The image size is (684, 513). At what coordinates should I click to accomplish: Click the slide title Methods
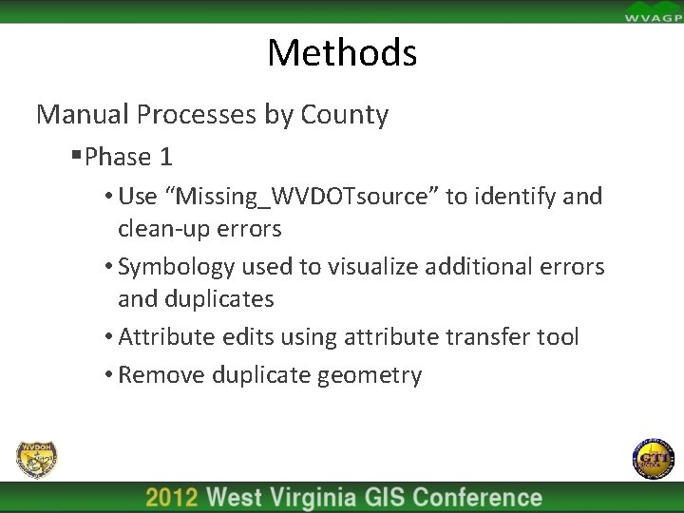tap(342, 52)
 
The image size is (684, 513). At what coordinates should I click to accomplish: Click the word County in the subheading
tap(345, 115)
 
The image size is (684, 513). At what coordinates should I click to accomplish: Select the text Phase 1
tap(128, 157)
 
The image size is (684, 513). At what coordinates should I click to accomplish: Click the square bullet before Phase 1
tap(75, 156)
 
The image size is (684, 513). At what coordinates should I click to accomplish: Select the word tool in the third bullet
tap(557, 337)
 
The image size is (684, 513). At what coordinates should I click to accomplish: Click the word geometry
tap(370, 376)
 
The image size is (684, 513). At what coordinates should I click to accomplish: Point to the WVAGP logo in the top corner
tap(652, 11)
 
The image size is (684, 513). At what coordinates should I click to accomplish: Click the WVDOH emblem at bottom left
tap(37, 460)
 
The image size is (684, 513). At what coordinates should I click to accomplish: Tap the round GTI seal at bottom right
tap(653, 460)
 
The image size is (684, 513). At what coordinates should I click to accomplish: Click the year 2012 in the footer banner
tap(172, 498)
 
